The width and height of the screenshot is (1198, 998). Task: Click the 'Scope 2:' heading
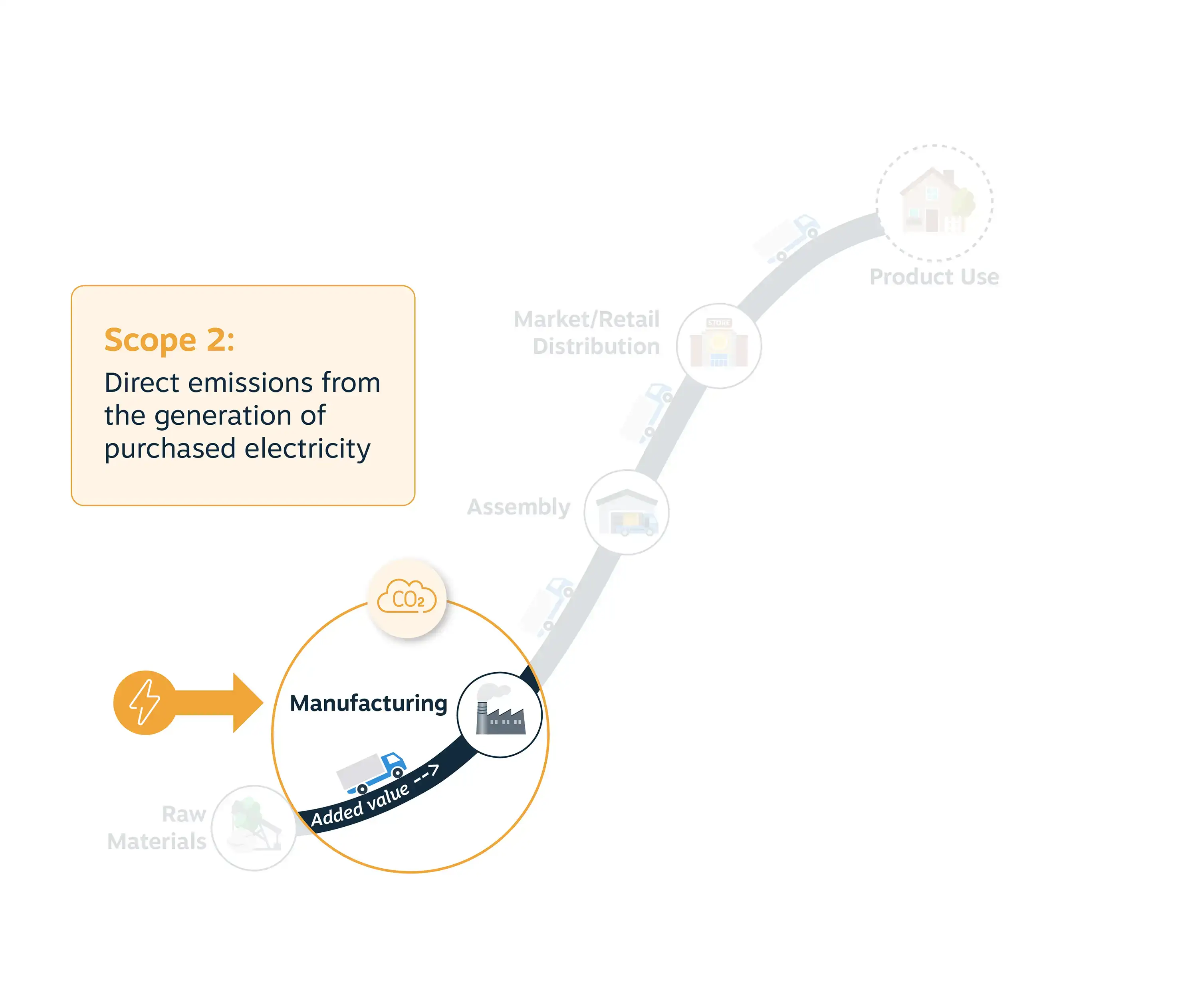pos(169,341)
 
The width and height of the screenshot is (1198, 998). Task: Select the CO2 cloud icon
pos(407,597)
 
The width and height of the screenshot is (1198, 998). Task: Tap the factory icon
pos(500,711)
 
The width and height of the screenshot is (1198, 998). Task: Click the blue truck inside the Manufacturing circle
pos(371,773)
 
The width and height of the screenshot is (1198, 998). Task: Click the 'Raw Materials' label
pos(157,828)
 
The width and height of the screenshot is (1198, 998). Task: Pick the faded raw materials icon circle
pos(254,828)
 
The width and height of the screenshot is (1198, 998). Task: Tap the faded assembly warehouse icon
pos(627,513)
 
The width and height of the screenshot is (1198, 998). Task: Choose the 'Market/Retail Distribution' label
pos(587,333)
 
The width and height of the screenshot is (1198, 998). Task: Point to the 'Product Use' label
pos(934,277)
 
